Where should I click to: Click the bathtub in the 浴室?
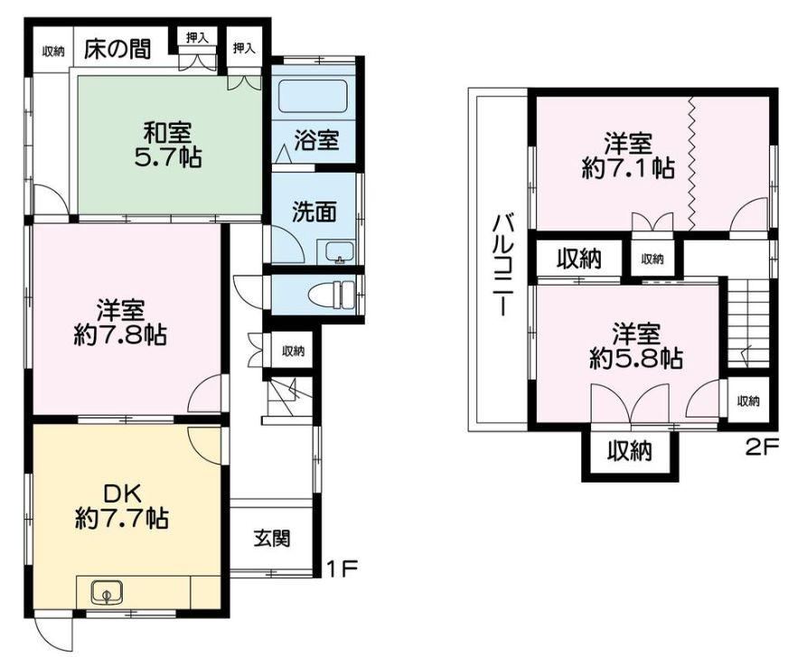point(314,97)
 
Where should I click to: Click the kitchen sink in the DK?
point(107,592)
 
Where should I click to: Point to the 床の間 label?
point(117,50)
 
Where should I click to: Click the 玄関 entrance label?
point(273,538)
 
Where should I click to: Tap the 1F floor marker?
point(342,568)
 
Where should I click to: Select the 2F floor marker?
point(762,447)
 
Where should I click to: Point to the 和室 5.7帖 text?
point(168,145)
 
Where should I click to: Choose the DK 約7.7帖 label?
point(122,505)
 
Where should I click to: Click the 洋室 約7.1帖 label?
point(628,155)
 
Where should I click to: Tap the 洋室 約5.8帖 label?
point(636,346)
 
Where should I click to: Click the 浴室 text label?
point(316,140)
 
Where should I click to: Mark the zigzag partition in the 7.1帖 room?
point(691,163)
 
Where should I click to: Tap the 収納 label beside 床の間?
point(53,51)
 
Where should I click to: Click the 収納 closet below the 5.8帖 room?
point(630,451)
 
